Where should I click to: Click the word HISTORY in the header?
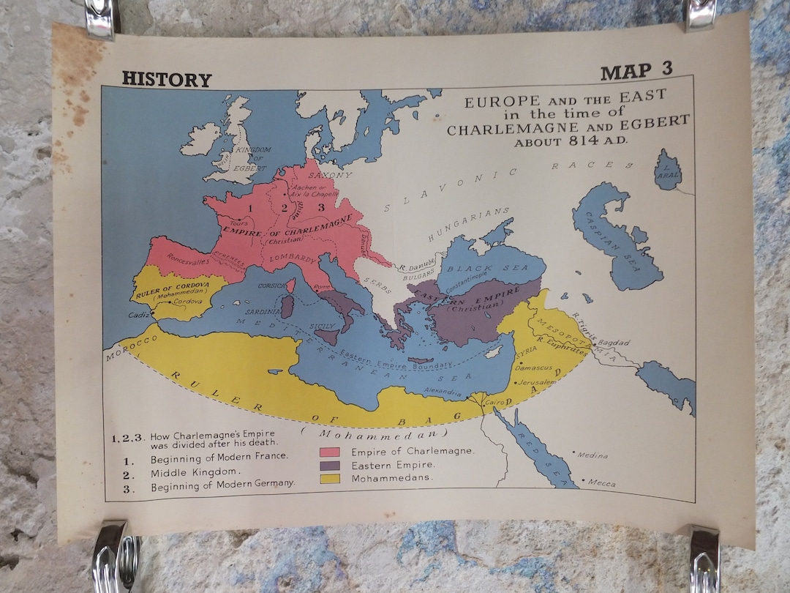point(166,79)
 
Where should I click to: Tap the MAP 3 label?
point(636,72)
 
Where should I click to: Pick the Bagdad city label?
point(612,343)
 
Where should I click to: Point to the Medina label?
point(592,455)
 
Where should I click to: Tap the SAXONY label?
point(330,176)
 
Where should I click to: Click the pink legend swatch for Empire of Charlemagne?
point(330,451)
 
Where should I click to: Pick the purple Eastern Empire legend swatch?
point(330,465)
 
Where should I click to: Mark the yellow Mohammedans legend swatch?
point(330,479)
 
